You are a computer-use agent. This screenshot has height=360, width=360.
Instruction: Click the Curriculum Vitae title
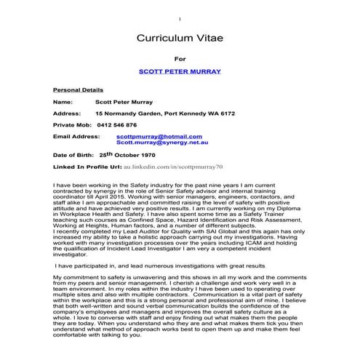point(180,38)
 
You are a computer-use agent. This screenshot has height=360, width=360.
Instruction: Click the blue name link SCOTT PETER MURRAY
point(180,73)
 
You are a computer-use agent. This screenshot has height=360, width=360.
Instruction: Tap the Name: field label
point(63,103)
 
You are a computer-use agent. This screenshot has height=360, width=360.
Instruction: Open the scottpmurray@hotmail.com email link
point(159,136)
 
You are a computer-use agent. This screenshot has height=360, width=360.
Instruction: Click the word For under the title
point(180,58)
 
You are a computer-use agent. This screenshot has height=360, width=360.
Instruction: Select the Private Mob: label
point(73,125)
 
